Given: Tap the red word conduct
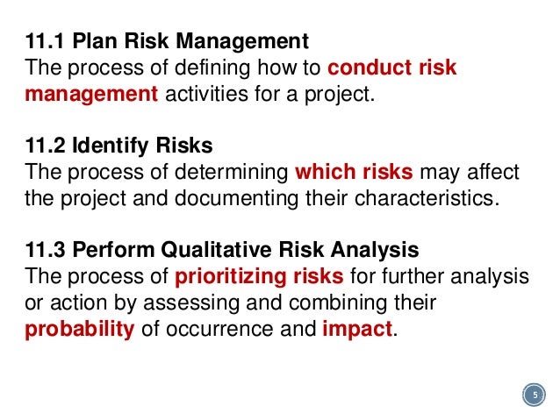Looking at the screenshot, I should pos(370,68).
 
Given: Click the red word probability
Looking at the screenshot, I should pos(79,331).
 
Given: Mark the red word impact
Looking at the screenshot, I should pos(358,331).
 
